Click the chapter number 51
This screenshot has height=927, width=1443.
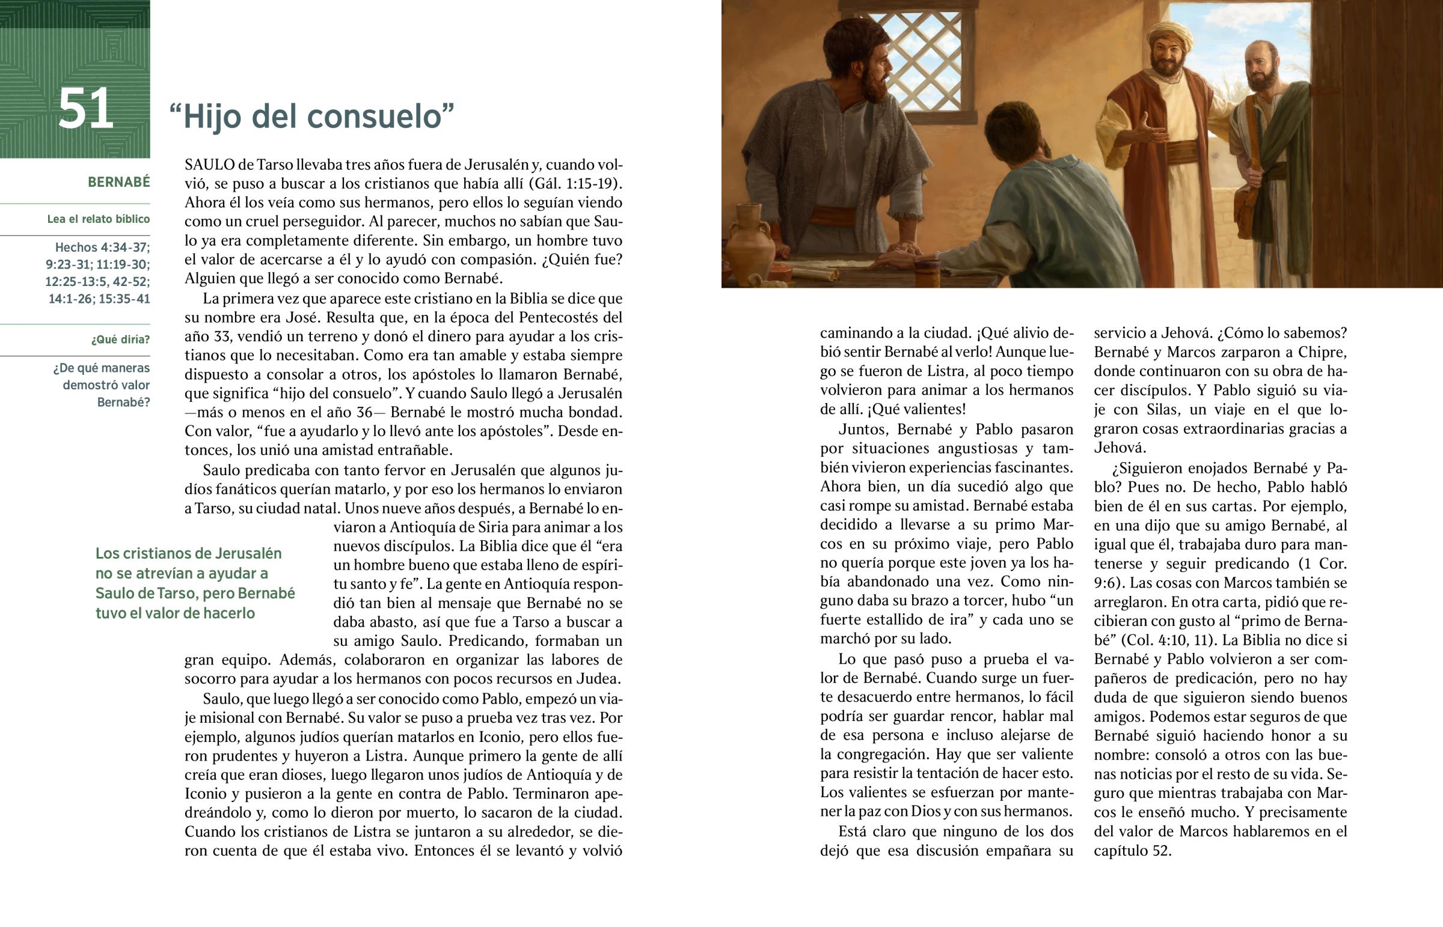coord(85,108)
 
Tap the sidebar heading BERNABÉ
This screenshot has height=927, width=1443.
coord(118,182)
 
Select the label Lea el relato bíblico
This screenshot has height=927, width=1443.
coord(98,219)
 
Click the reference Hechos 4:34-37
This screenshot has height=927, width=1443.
coord(102,248)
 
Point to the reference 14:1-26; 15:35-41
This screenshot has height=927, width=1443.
coord(99,299)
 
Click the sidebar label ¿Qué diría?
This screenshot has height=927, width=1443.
coord(120,339)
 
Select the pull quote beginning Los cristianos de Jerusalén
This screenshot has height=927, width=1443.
coord(195,583)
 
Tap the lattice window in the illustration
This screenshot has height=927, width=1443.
coord(925,60)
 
